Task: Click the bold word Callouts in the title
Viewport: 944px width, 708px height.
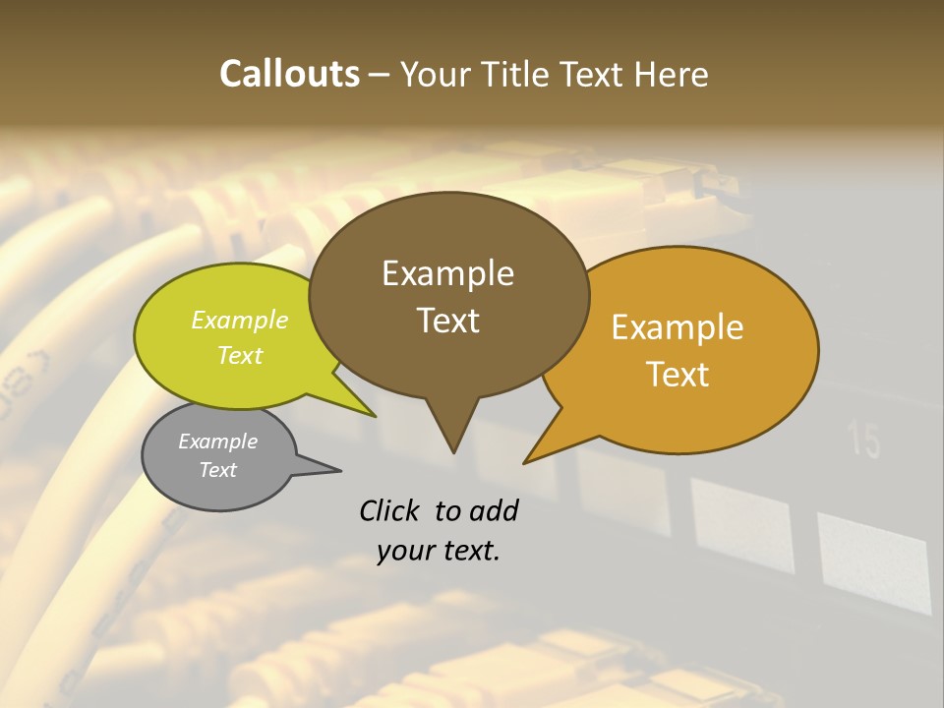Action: [x=289, y=74]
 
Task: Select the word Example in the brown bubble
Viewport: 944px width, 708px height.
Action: [x=447, y=273]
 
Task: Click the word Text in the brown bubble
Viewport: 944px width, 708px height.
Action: [x=447, y=320]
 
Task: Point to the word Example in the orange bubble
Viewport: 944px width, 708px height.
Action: [x=678, y=327]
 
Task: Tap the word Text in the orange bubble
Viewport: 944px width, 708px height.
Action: [x=678, y=374]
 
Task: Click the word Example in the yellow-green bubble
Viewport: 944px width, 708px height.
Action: [x=240, y=320]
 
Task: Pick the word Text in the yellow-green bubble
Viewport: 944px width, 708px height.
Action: [x=240, y=355]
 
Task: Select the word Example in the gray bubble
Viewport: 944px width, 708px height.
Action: [x=217, y=442]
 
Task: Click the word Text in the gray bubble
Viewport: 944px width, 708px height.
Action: [x=217, y=470]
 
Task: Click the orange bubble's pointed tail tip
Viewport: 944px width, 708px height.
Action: [x=525, y=462]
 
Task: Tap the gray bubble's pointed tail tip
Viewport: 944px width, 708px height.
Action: [x=340, y=470]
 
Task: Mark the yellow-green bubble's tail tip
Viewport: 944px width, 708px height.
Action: [x=376, y=416]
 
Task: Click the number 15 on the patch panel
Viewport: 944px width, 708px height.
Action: [x=865, y=442]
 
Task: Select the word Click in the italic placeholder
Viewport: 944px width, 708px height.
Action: [x=389, y=510]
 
